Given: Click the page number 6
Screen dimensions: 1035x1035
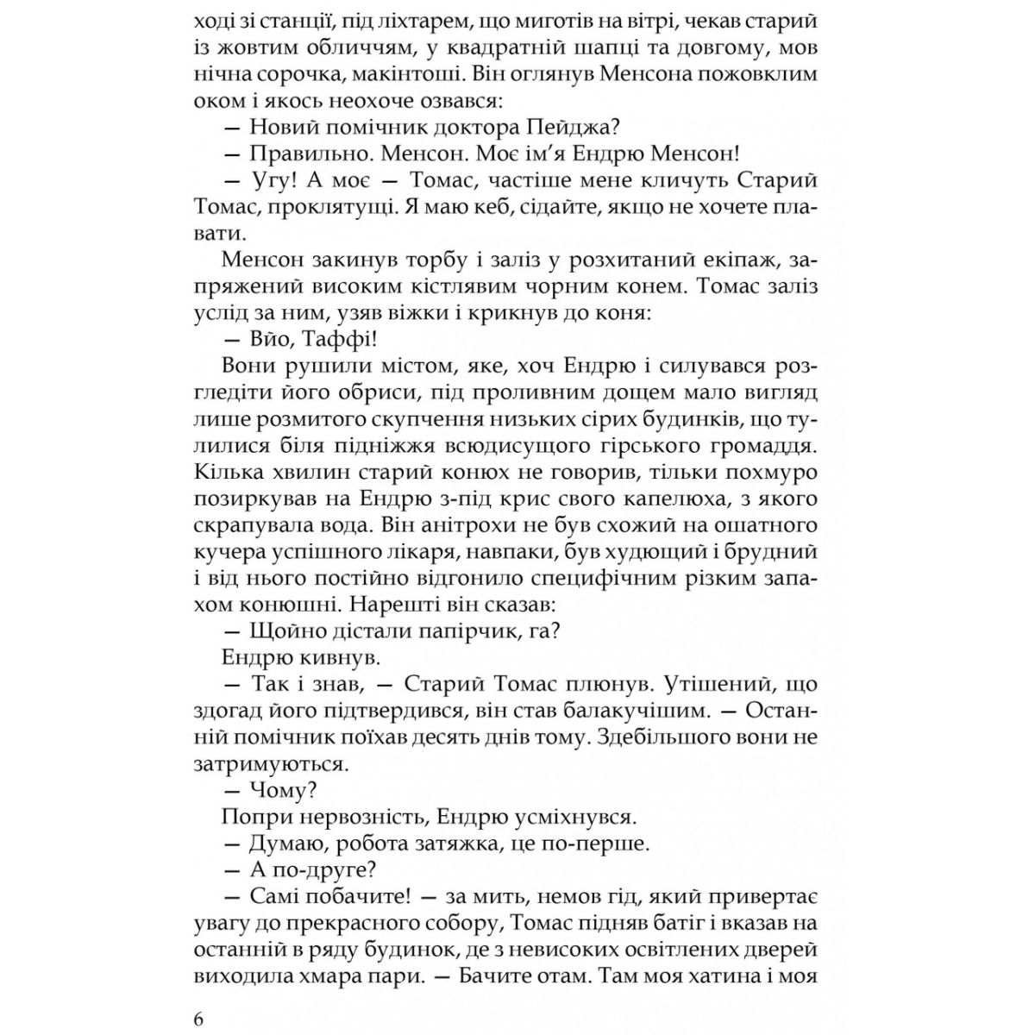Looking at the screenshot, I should tap(199, 1019).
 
